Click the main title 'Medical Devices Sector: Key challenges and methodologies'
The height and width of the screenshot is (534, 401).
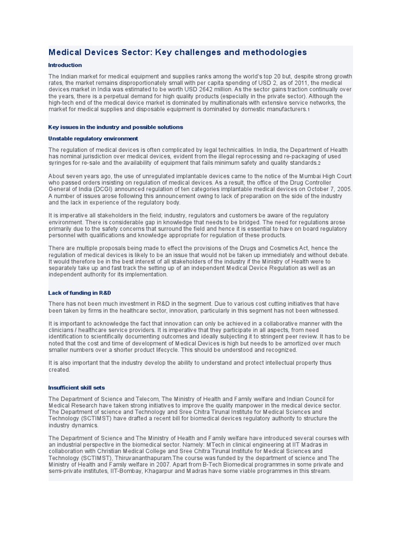[178, 52]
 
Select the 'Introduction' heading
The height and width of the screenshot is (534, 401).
[65, 65]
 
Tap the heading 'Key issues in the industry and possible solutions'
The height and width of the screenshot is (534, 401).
[115, 127]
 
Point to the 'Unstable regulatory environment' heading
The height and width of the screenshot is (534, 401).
[93, 139]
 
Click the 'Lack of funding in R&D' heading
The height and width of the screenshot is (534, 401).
[79, 293]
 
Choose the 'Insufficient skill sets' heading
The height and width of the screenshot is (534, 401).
[76, 388]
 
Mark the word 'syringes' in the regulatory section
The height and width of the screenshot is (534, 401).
[60, 163]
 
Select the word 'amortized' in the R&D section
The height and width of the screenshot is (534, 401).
[306, 343]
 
